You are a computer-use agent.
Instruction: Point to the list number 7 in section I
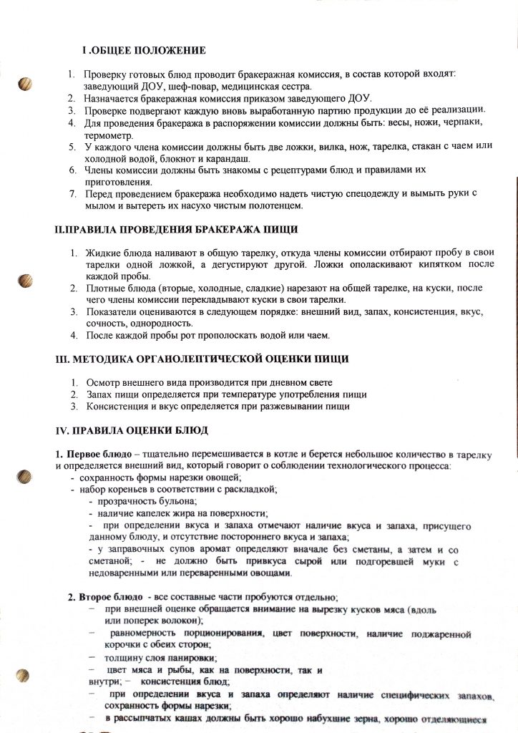72,194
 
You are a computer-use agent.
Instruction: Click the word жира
194,513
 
